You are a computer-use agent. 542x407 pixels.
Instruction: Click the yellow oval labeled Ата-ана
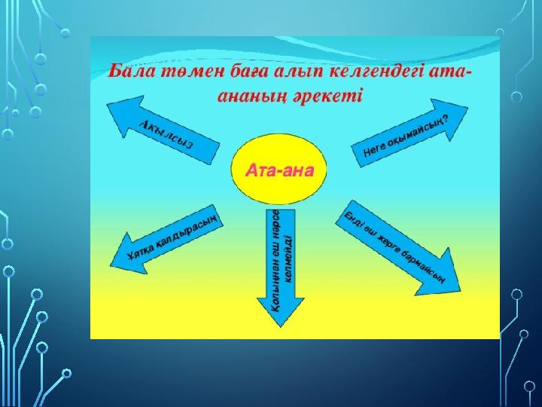279,170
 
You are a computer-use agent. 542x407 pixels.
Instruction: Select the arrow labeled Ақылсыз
163,130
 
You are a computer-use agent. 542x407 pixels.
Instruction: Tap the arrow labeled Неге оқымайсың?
410,133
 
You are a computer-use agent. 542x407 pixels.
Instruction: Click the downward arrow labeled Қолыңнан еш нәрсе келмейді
280,268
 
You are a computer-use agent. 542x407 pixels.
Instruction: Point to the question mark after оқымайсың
446,119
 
